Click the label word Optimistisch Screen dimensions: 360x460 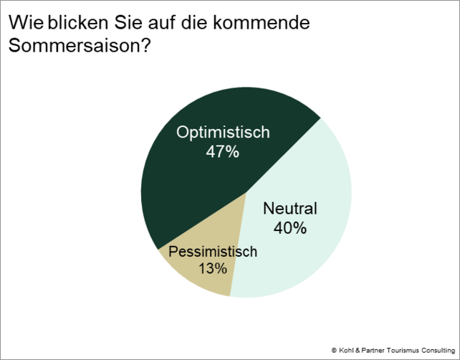click(x=223, y=133)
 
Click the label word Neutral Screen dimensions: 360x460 click(x=290, y=209)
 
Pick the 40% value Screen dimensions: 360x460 click(x=290, y=229)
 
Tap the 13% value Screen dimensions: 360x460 click(x=213, y=269)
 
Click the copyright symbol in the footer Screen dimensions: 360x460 click(x=334, y=348)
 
